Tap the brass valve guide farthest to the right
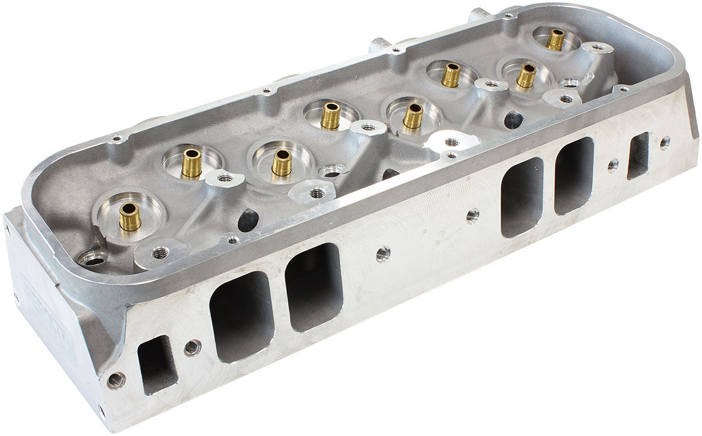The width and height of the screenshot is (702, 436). tap(555, 40)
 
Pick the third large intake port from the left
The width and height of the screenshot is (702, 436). tap(522, 197)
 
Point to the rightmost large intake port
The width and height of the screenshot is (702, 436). tap(574, 175)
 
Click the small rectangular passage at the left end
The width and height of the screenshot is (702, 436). tap(157, 364)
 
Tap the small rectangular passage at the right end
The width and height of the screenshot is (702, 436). tap(638, 155)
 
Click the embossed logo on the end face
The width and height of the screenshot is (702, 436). tap(50, 319)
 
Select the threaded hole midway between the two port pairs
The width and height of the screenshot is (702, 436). tap(383, 254)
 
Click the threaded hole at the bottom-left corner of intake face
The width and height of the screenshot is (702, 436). tap(116, 380)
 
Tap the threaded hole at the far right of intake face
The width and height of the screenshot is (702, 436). tap(665, 143)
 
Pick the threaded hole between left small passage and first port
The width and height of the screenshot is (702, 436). tap(192, 348)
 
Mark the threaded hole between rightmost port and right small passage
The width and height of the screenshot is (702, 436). tap(612, 165)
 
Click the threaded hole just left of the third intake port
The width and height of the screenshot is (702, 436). tap(473, 216)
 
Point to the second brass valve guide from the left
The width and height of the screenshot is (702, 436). tap(191, 164)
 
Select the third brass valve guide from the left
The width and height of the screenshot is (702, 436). tap(281, 163)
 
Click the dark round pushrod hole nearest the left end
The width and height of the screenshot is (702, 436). tap(248, 220)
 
